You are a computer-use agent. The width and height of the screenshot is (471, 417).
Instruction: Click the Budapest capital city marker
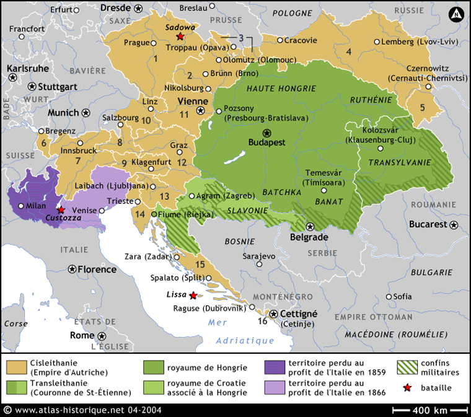(267, 133)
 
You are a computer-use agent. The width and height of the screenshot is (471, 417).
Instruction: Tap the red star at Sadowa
(180, 37)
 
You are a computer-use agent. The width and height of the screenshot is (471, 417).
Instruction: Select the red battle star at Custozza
(61, 211)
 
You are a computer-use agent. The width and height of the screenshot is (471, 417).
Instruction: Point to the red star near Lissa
(193, 296)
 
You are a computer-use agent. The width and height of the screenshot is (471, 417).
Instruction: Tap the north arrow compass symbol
(457, 14)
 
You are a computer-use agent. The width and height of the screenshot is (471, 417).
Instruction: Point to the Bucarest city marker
(456, 224)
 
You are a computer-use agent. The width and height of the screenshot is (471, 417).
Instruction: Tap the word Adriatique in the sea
(245, 340)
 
